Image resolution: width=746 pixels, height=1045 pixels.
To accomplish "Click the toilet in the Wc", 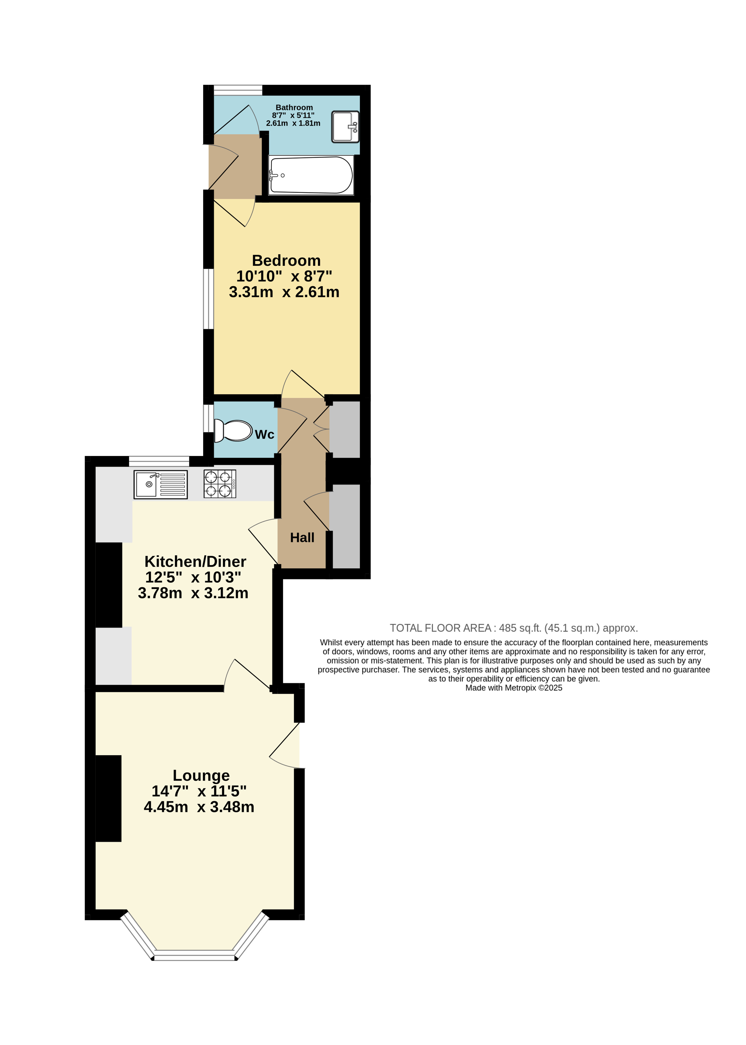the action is click(x=233, y=430).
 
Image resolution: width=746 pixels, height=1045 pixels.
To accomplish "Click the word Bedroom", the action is click(x=286, y=260).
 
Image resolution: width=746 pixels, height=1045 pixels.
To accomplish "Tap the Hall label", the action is click(x=302, y=538).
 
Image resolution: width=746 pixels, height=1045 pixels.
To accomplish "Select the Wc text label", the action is click(x=265, y=435).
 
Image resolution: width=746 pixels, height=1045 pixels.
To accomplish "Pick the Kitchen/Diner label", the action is click(x=195, y=562).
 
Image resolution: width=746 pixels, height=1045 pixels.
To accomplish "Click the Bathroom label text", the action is click(x=294, y=108).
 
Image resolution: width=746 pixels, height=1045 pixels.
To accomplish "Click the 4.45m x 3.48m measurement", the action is click(x=199, y=807).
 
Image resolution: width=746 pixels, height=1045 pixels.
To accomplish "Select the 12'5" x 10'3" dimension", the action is click(x=193, y=577).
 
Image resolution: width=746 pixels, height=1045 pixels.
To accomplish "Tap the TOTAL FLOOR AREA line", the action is click(x=514, y=628).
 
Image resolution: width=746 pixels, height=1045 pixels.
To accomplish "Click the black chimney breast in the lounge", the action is click(x=108, y=799).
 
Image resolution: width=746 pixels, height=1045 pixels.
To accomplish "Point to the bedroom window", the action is click(x=209, y=299).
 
